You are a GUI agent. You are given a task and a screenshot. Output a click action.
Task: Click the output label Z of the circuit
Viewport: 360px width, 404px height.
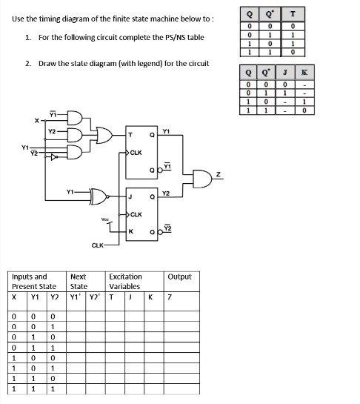click(x=219, y=176)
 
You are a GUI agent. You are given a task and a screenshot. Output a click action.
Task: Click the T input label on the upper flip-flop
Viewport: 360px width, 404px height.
click(x=131, y=134)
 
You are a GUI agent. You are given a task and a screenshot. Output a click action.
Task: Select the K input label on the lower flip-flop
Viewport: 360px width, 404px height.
click(x=131, y=231)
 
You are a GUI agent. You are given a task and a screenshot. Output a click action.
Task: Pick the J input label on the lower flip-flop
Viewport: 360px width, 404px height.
click(x=131, y=196)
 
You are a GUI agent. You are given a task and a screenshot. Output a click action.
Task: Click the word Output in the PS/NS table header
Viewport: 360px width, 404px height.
click(x=179, y=276)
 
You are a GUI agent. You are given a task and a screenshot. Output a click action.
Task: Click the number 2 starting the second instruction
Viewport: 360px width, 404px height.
click(x=27, y=64)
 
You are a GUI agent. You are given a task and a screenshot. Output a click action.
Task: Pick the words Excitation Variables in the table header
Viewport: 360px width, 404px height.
click(x=125, y=281)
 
